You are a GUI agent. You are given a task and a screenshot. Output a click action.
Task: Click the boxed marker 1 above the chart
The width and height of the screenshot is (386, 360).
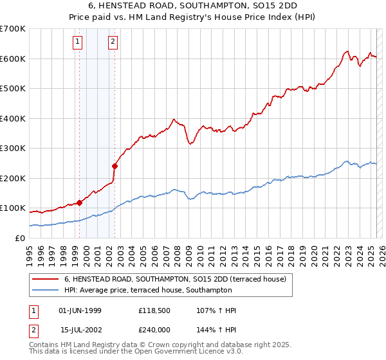click(x=77, y=42)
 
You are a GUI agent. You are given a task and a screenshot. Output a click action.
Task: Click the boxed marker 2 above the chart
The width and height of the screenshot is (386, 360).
click(x=113, y=42)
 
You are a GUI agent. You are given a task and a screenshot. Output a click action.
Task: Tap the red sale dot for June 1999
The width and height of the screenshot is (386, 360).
click(x=80, y=203)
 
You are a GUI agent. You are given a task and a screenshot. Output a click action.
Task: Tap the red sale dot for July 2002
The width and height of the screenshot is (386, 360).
click(x=115, y=166)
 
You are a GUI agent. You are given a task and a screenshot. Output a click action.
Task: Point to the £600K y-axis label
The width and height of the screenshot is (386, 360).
click(x=13, y=59)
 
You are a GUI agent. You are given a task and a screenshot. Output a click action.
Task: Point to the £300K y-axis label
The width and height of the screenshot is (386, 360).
click(x=13, y=148)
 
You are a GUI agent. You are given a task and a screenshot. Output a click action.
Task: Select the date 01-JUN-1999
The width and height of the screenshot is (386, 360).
click(x=80, y=310)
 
